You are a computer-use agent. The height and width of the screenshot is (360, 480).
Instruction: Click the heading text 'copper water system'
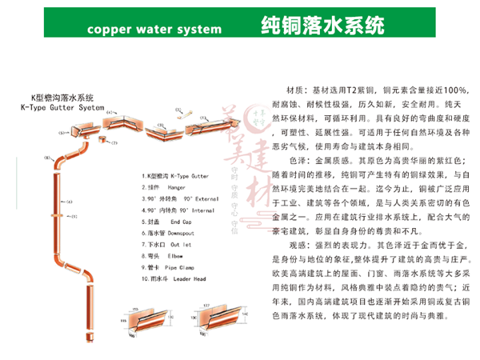[152, 30]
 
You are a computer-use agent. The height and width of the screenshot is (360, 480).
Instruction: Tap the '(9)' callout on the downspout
[74, 217]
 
